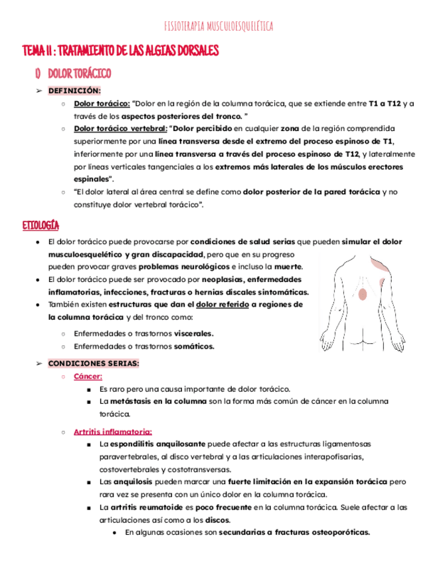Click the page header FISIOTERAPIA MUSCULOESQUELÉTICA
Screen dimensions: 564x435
click(218, 27)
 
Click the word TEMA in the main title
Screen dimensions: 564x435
click(32, 51)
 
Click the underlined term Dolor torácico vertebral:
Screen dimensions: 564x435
click(120, 128)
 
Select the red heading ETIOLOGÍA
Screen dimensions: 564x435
click(41, 225)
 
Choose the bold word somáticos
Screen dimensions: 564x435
click(194, 347)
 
